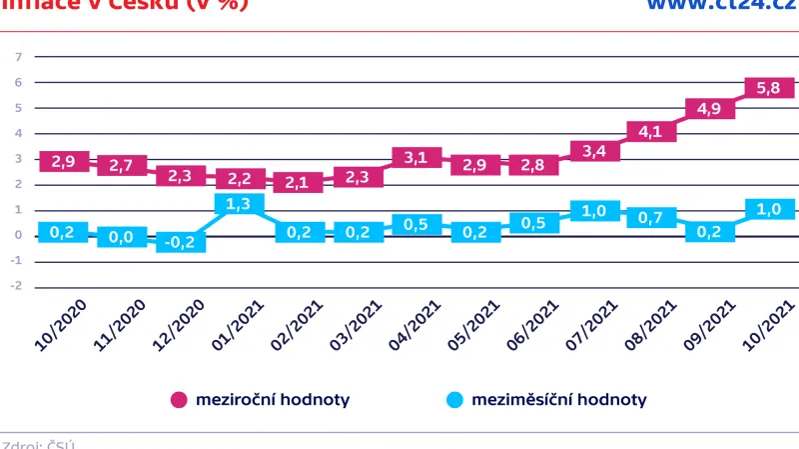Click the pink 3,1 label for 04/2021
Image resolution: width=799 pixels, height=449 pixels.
tap(416, 158)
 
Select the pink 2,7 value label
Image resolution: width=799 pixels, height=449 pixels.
tap(123, 166)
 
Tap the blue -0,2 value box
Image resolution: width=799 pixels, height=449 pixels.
tap(181, 242)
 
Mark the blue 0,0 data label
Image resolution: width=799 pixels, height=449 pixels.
tap(122, 236)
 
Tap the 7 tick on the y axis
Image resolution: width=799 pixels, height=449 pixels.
tap(18, 57)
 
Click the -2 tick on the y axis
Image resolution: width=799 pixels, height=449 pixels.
tap(16, 287)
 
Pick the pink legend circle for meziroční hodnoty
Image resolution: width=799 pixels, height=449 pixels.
tap(180, 400)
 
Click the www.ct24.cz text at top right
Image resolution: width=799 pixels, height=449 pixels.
tap(719, 6)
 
